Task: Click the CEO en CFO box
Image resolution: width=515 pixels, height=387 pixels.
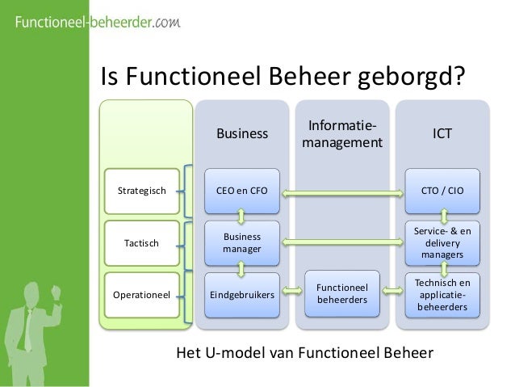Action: coord(241,191)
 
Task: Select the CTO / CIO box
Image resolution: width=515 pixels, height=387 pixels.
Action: coord(442,191)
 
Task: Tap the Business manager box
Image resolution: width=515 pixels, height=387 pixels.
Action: coord(241,243)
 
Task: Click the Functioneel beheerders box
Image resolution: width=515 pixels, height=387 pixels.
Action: coord(341,294)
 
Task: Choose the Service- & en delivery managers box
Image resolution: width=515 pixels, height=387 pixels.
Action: coord(442,243)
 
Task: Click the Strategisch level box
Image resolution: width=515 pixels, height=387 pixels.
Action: coord(142,191)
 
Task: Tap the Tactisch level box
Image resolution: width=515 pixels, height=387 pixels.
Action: coord(142,243)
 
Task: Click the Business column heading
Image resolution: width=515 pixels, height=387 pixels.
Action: coord(241,134)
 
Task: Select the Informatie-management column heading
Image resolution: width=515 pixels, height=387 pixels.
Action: coord(341,134)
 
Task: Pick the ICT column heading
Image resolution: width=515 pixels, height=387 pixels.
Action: coord(442,134)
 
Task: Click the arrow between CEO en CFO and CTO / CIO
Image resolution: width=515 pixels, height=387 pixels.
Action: coord(341,192)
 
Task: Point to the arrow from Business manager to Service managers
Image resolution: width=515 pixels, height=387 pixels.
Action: coord(341,243)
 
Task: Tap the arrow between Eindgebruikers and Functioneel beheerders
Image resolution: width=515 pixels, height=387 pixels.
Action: coord(291,295)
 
